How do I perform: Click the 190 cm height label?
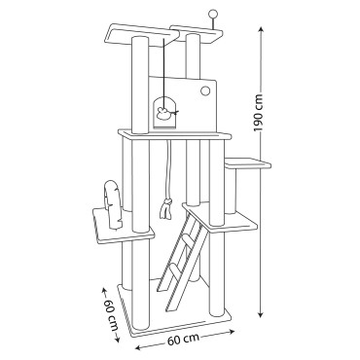(260, 113)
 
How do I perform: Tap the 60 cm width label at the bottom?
(183, 340)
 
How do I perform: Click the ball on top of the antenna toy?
(213, 14)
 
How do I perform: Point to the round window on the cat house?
(205, 90)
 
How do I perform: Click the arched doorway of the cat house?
(165, 113)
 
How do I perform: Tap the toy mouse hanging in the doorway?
(162, 113)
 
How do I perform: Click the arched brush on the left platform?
(114, 204)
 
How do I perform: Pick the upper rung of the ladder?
(188, 241)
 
